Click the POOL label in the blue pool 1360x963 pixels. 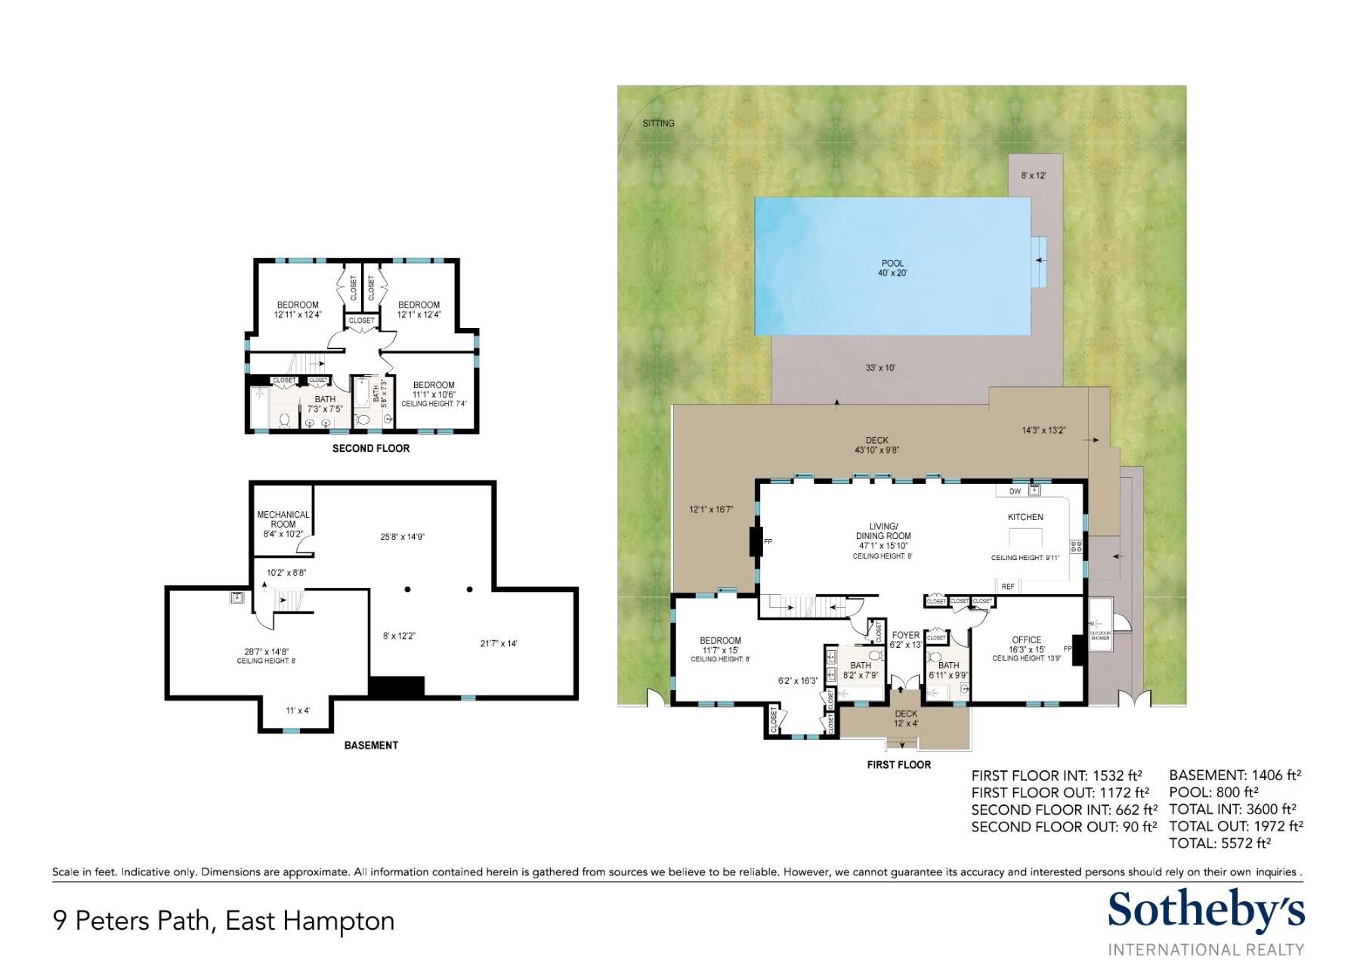[x=892, y=264]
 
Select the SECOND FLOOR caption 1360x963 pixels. [x=371, y=448]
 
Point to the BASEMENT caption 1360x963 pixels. [x=371, y=745]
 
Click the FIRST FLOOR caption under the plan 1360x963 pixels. [x=898, y=765]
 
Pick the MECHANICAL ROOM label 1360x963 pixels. [x=283, y=519]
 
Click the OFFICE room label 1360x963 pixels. [x=1026, y=639]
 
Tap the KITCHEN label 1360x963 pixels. [x=1025, y=517]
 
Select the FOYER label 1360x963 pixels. [x=906, y=635]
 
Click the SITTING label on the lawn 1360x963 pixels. [x=658, y=123]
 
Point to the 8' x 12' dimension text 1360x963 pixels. [x=1034, y=175]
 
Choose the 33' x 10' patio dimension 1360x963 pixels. [x=880, y=368]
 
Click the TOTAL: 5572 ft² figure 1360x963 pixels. [x=1219, y=843]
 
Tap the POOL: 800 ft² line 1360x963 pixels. [x=1213, y=792]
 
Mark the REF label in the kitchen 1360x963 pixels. [x=1008, y=587]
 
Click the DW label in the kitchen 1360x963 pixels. [x=1015, y=491]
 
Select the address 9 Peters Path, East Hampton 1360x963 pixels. [x=224, y=921]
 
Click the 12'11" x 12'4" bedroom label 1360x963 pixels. [x=298, y=314]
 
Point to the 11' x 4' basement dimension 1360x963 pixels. [x=298, y=711]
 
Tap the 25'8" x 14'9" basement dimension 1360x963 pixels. [x=402, y=537]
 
